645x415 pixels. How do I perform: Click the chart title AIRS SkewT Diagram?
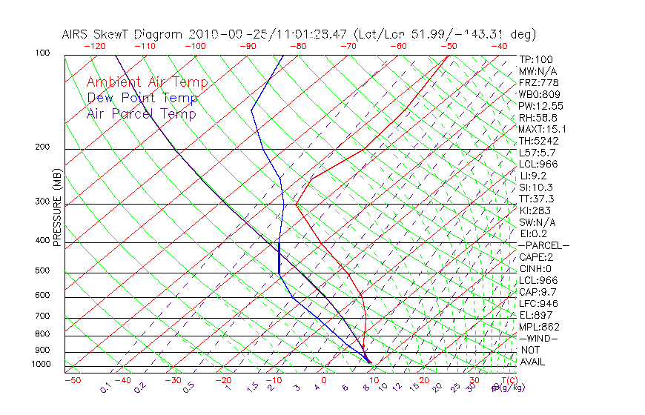(123, 35)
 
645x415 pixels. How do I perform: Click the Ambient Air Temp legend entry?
(147, 82)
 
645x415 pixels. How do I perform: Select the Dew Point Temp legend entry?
(142, 98)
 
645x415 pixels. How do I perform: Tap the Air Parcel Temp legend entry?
(141, 113)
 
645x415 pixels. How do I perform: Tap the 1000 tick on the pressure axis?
(42, 365)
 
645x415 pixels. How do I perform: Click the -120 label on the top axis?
(94, 46)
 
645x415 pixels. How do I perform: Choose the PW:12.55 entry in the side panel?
(541, 106)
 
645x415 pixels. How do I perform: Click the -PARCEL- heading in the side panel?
(543, 245)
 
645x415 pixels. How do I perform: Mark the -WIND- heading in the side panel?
(539, 338)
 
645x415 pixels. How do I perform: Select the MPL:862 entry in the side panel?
(539, 327)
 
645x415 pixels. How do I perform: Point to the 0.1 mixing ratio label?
(105, 388)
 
